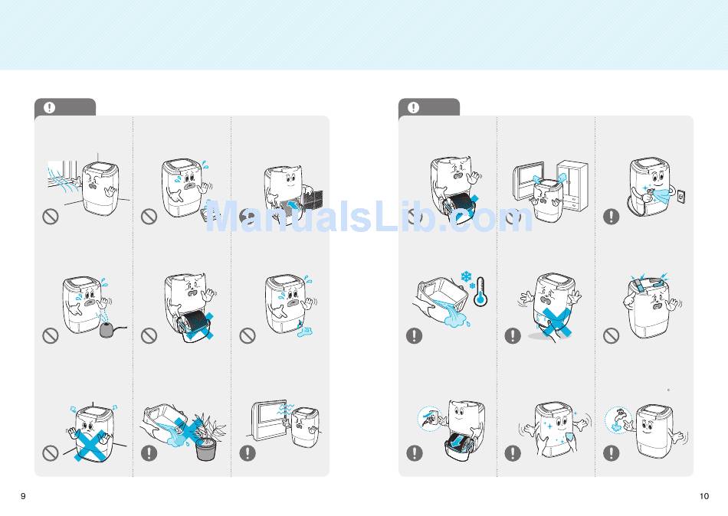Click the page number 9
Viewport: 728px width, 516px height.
(x=23, y=496)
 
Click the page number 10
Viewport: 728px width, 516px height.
(x=703, y=496)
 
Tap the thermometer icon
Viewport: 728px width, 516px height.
(x=480, y=292)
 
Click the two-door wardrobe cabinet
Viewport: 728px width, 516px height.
(x=573, y=185)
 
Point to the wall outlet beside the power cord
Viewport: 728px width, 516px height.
(x=681, y=196)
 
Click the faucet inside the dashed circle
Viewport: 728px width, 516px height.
(x=619, y=418)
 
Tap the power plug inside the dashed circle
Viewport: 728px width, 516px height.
(x=429, y=419)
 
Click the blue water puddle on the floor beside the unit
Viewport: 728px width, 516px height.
(x=304, y=331)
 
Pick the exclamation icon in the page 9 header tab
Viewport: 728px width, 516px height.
(x=49, y=108)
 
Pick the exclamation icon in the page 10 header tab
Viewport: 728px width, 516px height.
(x=413, y=108)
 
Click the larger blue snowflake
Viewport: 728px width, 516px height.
(x=466, y=277)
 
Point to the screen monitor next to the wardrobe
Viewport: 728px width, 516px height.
(x=528, y=180)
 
